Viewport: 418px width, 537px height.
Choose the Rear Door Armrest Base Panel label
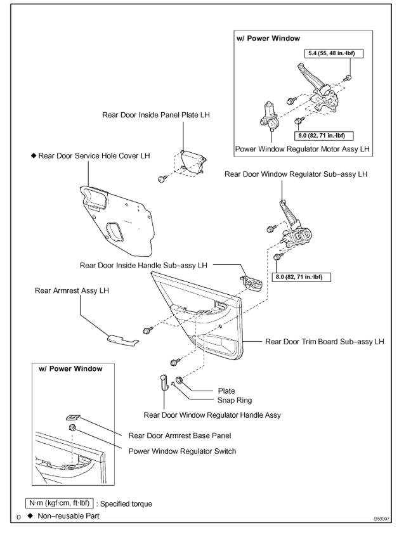coord(179,435)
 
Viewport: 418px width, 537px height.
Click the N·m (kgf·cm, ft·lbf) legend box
coord(63,503)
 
